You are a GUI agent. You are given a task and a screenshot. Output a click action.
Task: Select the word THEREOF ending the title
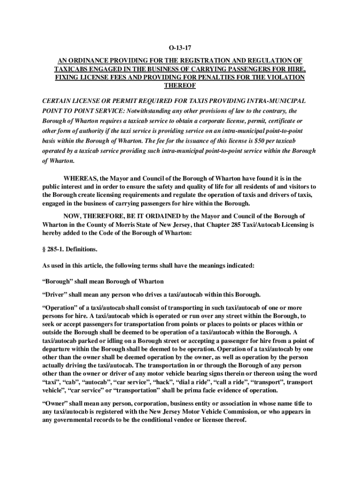coord(180,86)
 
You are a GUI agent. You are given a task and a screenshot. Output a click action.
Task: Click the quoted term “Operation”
coord(60,308)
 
